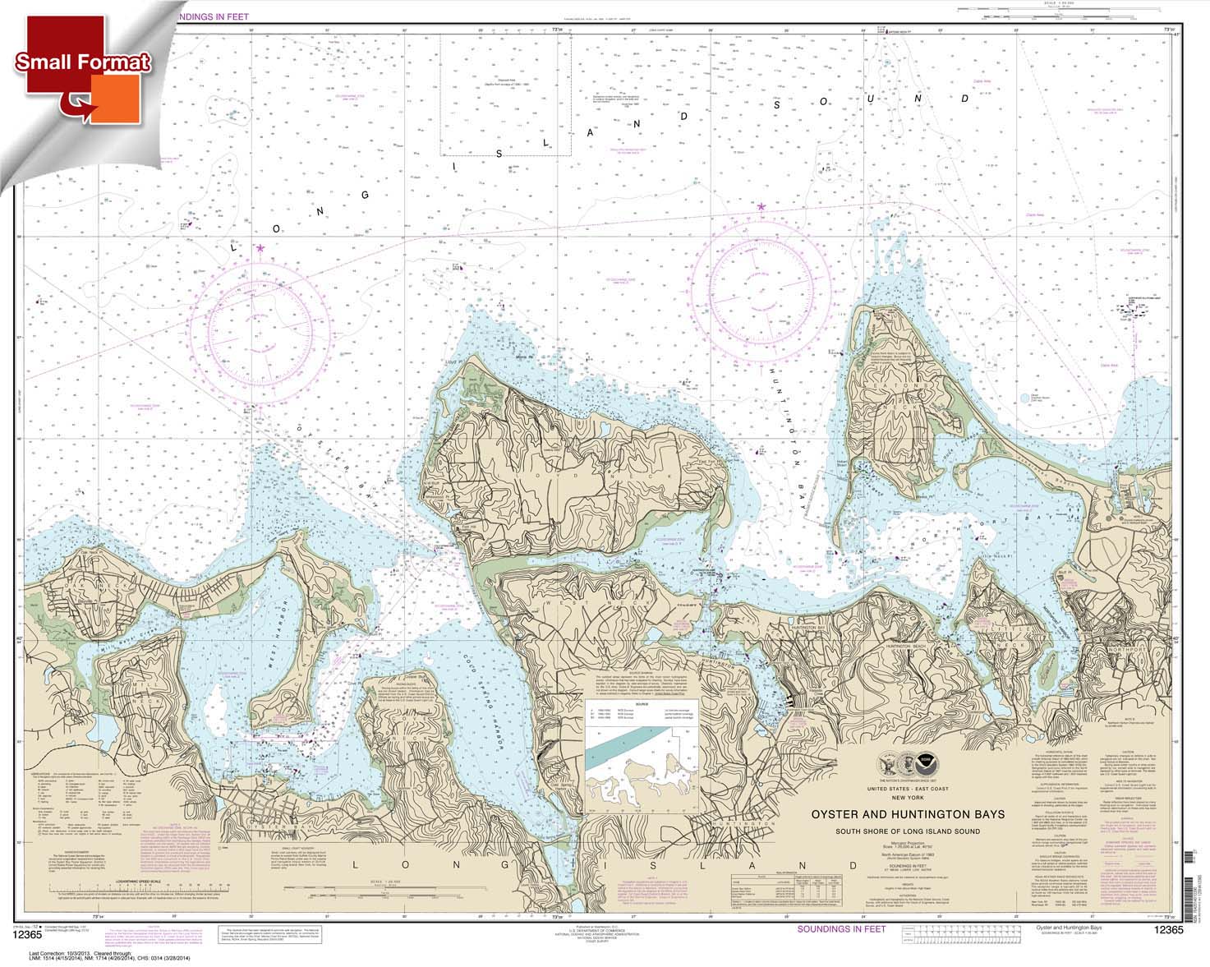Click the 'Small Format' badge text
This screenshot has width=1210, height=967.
pos(82,62)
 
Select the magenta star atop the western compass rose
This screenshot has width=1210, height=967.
pos(260,247)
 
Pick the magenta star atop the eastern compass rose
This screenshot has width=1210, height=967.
pos(761,206)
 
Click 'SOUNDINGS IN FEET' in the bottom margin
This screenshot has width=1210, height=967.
pos(841,928)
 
